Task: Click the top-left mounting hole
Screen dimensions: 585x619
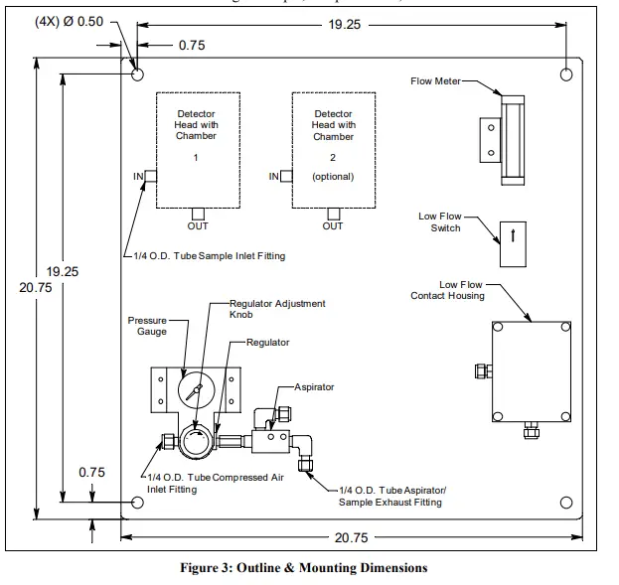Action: coord(137,75)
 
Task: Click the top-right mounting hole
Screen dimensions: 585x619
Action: coord(565,75)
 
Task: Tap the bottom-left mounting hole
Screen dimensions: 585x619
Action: coord(137,503)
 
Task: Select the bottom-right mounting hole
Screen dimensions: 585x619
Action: coord(565,503)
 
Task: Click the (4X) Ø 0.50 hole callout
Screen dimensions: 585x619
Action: coord(69,22)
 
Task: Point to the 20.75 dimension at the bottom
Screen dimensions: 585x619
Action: coord(351,537)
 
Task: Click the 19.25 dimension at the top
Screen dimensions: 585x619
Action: coord(344,23)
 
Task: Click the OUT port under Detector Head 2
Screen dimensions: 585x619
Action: coord(333,213)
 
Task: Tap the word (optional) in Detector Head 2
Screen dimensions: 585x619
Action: coord(333,176)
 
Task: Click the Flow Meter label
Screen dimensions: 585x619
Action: coord(435,81)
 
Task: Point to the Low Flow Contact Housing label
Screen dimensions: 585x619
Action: coord(448,290)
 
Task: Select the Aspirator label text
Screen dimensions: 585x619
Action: coord(314,386)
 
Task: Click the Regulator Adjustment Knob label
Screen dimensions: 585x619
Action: coord(277,309)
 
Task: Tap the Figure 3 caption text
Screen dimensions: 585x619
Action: coord(303,568)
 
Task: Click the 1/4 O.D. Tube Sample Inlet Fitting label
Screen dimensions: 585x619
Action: coord(210,256)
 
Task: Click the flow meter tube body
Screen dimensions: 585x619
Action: coord(515,138)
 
